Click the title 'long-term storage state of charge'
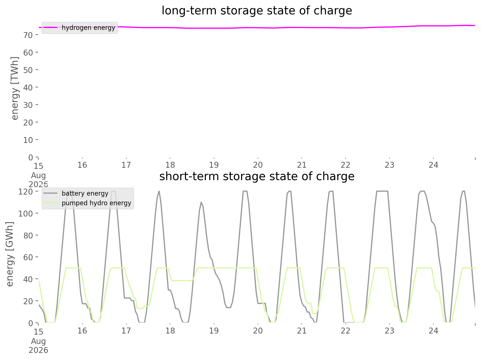[257, 11]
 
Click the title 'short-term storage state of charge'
[257, 177]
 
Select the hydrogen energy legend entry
[80, 28]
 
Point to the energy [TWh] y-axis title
[15, 88]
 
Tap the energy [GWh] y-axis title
[10, 254]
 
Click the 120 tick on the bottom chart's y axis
[25, 192]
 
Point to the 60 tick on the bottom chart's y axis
[28, 257]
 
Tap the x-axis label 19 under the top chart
[214, 165]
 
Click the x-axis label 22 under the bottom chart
[346, 331]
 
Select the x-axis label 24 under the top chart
[434, 165]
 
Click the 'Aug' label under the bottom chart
[38, 341]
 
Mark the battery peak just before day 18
[159, 191]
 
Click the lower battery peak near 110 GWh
[201, 202]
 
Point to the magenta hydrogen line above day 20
[258, 28]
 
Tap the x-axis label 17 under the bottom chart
[126, 331]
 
